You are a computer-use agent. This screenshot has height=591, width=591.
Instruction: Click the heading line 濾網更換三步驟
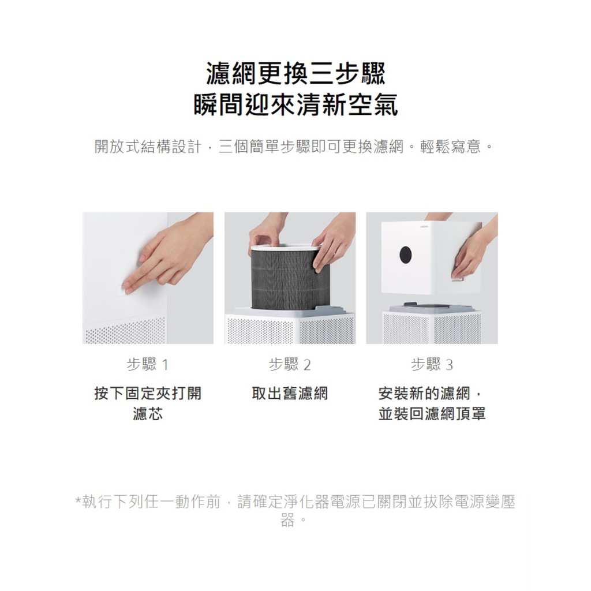click(296, 74)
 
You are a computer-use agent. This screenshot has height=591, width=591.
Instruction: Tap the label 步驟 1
click(147, 365)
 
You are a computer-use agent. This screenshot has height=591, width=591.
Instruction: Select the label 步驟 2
click(290, 365)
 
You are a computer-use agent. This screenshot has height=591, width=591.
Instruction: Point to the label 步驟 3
click(432, 365)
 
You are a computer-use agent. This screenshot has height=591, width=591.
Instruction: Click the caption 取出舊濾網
click(290, 393)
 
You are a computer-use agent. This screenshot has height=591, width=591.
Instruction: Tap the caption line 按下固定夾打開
click(148, 393)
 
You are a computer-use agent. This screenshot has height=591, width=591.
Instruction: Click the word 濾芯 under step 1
click(148, 413)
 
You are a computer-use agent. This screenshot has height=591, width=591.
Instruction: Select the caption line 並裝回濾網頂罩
click(432, 413)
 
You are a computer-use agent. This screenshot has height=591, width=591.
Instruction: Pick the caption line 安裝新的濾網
click(424, 393)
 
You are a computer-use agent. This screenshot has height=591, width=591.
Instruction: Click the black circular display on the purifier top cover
click(406, 255)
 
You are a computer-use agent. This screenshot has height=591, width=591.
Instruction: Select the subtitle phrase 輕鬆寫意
click(451, 147)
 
